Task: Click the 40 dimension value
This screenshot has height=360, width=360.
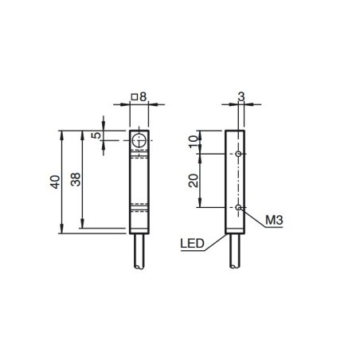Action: tap(56, 182)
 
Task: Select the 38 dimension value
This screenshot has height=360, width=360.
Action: tap(76, 179)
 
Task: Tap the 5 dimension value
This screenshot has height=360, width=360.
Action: tap(96, 135)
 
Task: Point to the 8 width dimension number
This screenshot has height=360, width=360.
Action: tap(143, 96)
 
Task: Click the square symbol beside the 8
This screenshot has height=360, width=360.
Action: tap(135, 97)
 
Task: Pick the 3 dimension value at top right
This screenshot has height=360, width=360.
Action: tap(241, 96)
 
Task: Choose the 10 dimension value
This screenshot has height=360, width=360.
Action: tap(194, 142)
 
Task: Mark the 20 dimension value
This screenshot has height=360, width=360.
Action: tap(194, 181)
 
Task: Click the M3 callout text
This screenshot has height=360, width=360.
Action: tap(274, 220)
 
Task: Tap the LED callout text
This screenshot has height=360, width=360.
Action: tap(193, 244)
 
